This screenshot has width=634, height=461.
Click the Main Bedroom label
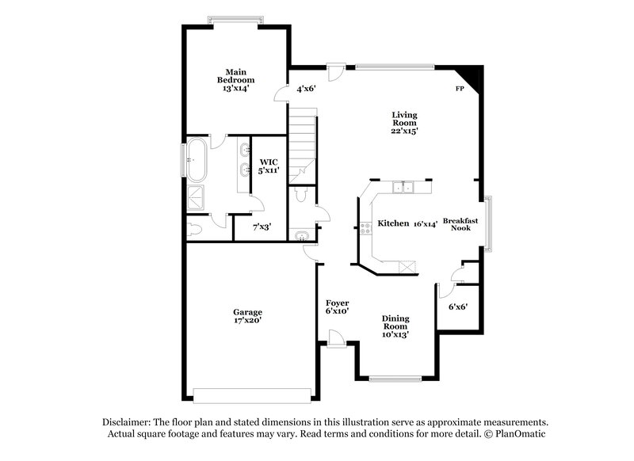tap(236, 75)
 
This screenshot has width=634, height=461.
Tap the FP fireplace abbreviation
tap(459, 90)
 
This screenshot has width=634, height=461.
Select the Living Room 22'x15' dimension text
tap(404, 131)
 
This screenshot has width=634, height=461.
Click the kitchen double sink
tap(404, 188)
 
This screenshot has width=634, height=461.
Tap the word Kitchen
tap(393, 223)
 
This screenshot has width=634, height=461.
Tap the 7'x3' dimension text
tap(262, 227)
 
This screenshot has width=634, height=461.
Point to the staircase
tap(302, 139)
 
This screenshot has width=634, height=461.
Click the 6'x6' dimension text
tap(458, 307)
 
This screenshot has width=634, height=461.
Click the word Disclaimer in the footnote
tap(129, 422)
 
